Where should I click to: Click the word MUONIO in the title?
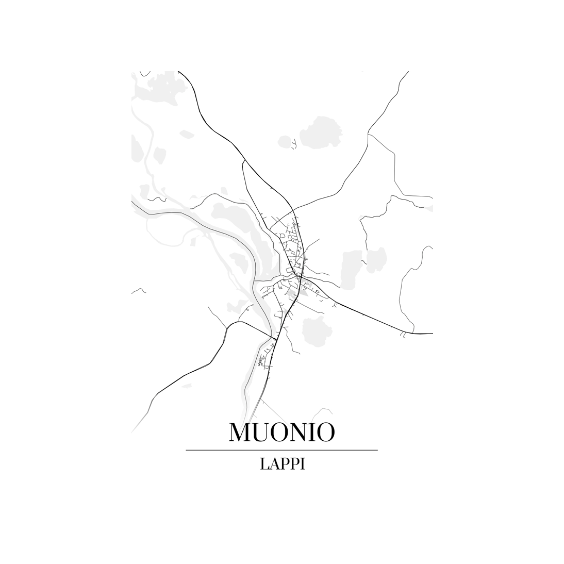tap(281, 433)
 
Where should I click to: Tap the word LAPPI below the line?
tap(283, 464)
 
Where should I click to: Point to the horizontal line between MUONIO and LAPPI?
tap(281, 450)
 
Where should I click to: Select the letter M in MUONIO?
tap(241, 433)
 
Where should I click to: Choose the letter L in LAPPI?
tap(264, 464)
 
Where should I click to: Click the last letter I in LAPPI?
tap(303, 464)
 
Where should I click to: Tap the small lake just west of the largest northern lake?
tap(284, 141)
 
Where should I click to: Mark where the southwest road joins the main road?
tap(274, 338)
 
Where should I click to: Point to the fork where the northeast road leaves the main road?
tap(293, 210)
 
